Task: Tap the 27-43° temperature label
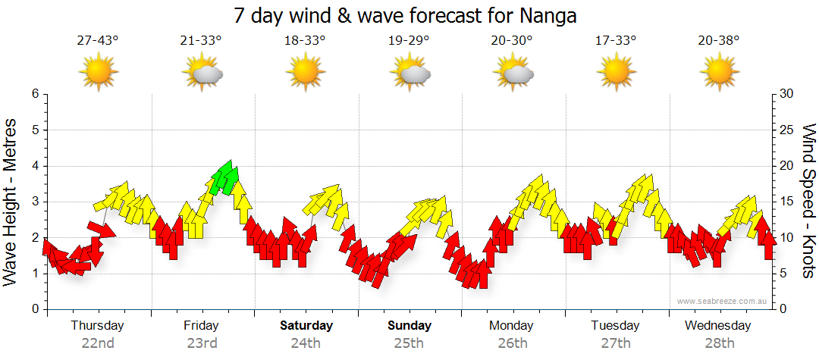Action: [98, 40]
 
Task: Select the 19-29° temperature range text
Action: [409, 40]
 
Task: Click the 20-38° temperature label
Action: [719, 40]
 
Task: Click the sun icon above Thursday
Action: [98, 72]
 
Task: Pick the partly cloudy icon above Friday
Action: [202, 72]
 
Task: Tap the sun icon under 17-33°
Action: [615, 72]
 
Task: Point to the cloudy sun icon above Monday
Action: [513, 72]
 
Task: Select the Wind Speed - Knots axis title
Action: [808, 202]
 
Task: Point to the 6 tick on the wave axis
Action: [34, 94]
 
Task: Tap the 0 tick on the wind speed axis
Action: [783, 309]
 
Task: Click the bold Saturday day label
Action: [306, 326]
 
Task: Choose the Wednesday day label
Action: [717, 326]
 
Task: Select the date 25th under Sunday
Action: [409, 343]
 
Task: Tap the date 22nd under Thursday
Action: [98, 343]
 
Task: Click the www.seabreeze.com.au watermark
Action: [723, 301]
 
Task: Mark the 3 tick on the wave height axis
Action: [34, 202]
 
